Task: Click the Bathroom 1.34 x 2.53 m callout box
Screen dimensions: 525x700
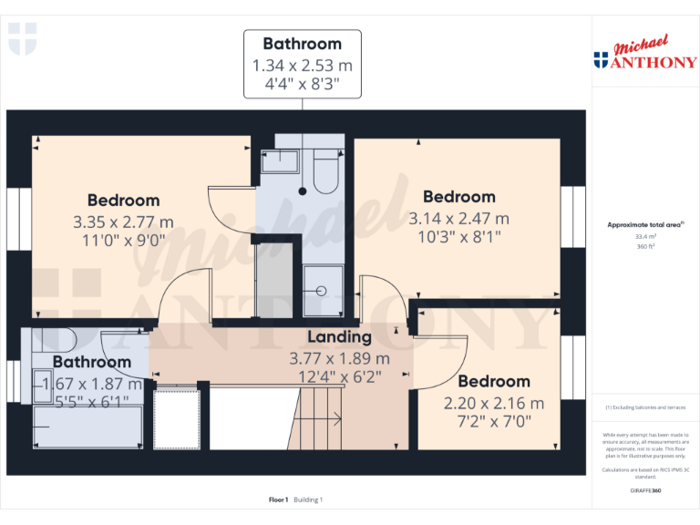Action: point(302,65)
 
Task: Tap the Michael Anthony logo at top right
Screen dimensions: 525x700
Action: point(645,55)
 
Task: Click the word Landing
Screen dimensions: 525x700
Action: point(338,337)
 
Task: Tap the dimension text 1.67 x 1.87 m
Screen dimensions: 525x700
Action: point(91,383)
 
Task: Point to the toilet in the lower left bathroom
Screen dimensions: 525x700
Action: point(57,341)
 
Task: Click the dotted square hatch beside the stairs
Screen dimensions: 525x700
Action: point(176,418)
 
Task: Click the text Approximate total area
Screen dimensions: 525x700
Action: point(643,223)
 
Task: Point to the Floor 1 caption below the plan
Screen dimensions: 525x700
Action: point(278,499)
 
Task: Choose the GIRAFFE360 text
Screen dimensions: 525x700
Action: point(644,491)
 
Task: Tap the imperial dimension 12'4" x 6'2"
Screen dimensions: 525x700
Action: point(338,375)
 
